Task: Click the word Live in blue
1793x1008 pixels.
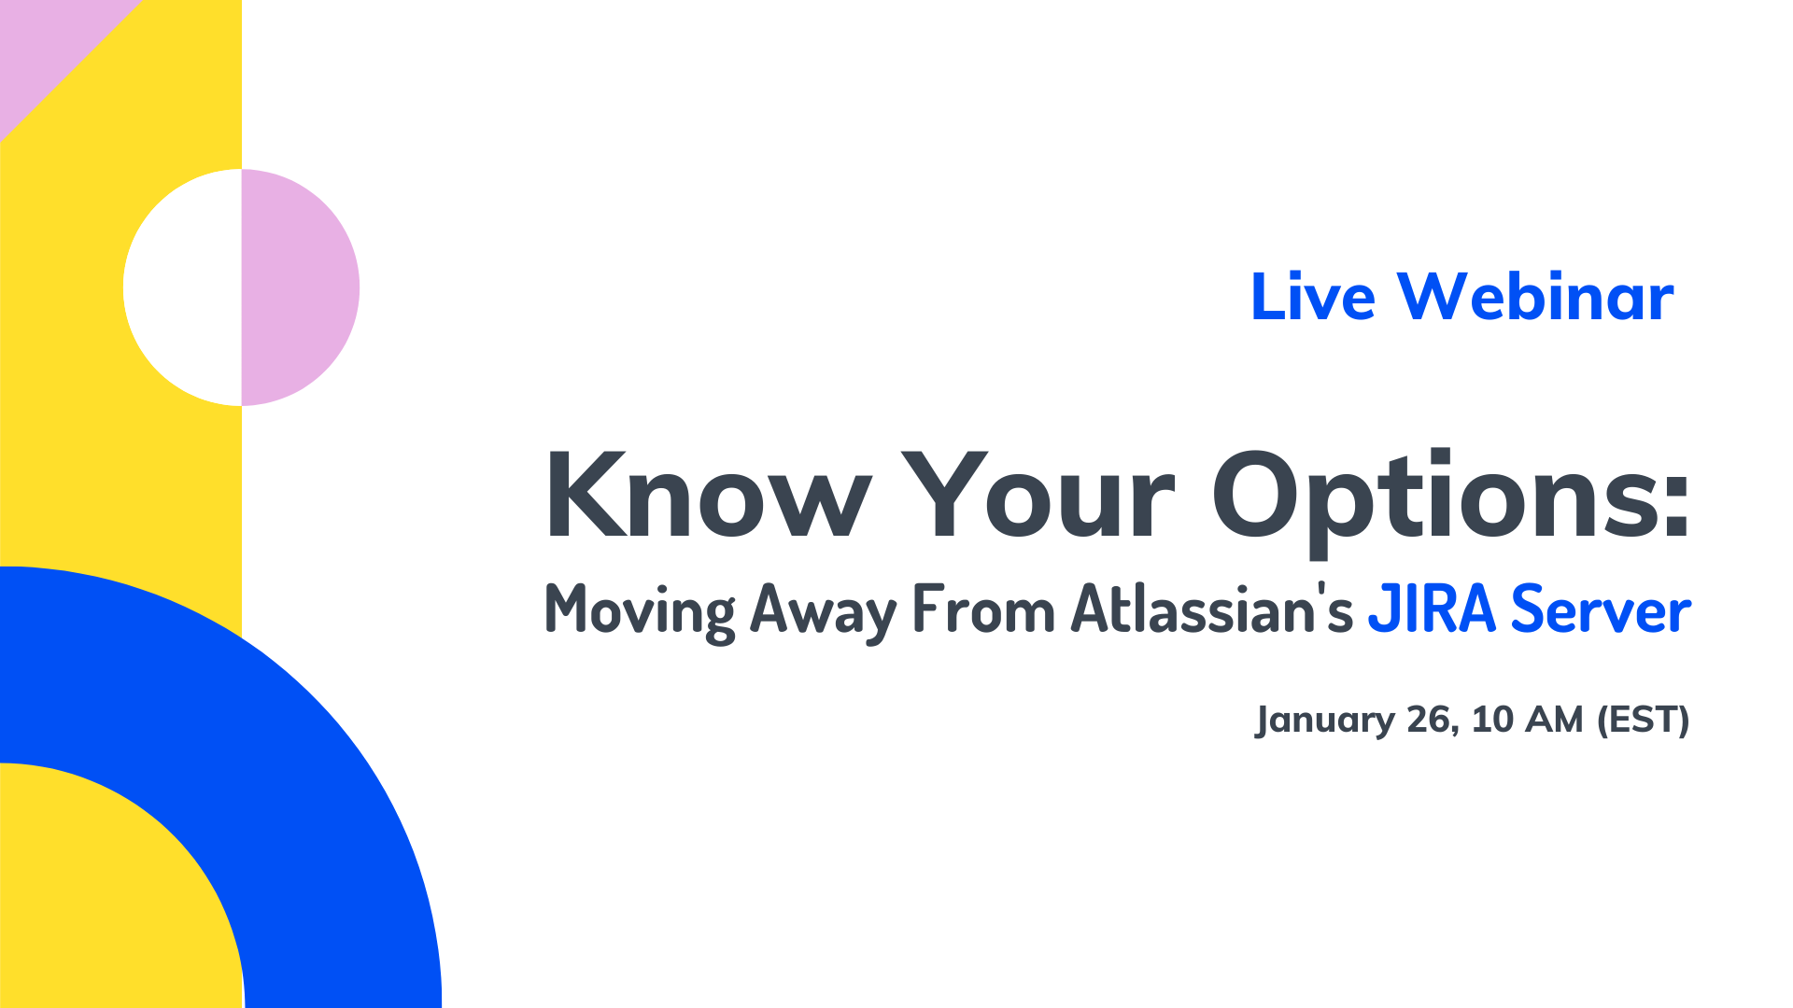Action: tap(1313, 297)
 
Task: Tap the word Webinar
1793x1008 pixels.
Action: tap(1535, 297)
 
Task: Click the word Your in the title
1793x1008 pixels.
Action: tap(1038, 495)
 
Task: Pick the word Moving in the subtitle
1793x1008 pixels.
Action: tap(640, 612)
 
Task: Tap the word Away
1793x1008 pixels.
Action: tap(823, 612)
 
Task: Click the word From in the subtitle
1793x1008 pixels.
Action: tap(984, 609)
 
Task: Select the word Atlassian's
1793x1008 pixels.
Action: tap(1212, 608)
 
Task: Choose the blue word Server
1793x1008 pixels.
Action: tap(1601, 609)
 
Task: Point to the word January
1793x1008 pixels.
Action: tap(1326, 720)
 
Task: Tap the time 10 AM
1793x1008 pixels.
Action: tap(1528, 719)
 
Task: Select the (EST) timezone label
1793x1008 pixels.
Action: tap(1643, 720)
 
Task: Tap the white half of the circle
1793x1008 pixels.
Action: tap(184, 287)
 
